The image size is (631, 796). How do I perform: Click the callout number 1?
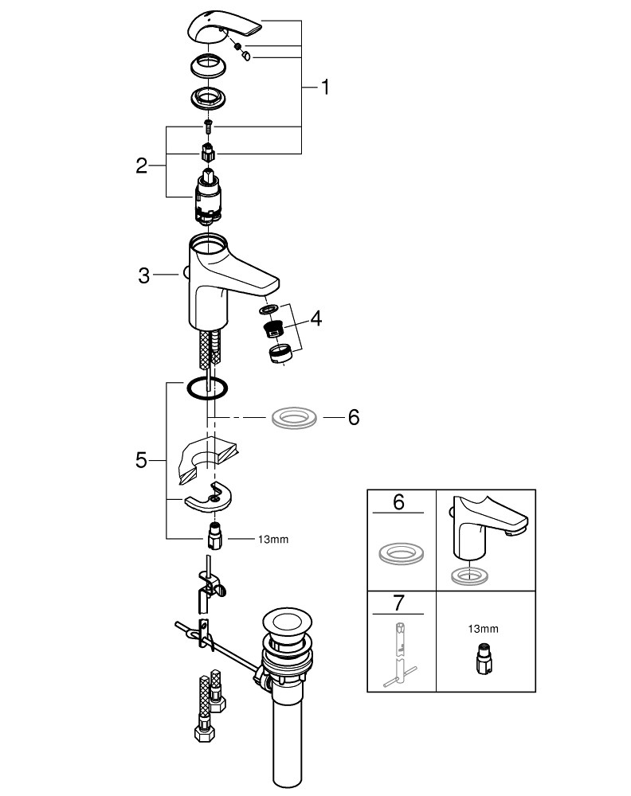324,87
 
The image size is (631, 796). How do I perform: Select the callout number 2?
141,166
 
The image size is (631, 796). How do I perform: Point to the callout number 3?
143,275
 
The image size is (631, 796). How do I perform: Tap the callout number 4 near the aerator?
316,319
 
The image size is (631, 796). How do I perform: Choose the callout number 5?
141,459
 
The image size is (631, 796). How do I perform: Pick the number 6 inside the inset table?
401,501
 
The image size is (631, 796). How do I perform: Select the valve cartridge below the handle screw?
209,200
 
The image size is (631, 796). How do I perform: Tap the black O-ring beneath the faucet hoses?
206,389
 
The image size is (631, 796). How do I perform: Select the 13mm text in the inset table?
484,628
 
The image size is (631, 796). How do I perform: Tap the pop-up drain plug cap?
284,622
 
